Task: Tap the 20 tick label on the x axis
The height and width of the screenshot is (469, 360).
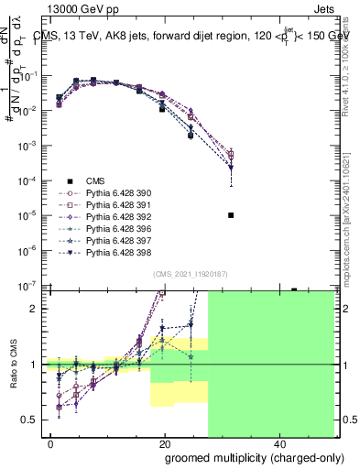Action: click(166, 443)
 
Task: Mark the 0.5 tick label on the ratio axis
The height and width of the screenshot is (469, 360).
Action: click(31, 420)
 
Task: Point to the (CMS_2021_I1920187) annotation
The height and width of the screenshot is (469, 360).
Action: click(186, 274)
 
